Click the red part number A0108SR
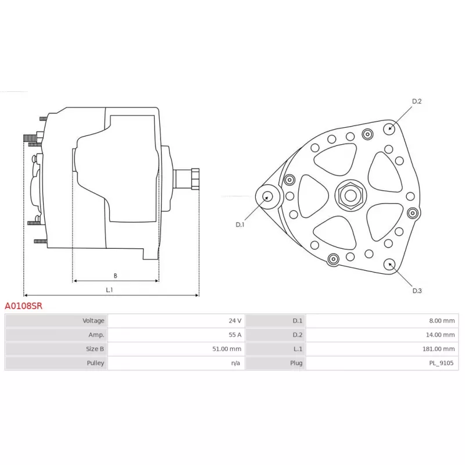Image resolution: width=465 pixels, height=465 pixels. pos(24,306)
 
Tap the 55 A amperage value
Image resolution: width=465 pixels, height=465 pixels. pos(235,335)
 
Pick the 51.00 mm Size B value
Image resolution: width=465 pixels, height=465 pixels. pos(227,349)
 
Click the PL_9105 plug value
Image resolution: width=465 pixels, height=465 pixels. pos(442,363)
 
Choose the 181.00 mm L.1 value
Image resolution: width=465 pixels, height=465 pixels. pos(439,349)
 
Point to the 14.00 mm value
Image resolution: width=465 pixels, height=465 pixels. pos(441,335)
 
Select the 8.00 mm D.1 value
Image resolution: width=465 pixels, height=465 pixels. pos(442,321)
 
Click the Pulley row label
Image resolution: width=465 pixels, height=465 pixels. pos(95,363)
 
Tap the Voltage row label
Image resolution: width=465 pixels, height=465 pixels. pos(94,321)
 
